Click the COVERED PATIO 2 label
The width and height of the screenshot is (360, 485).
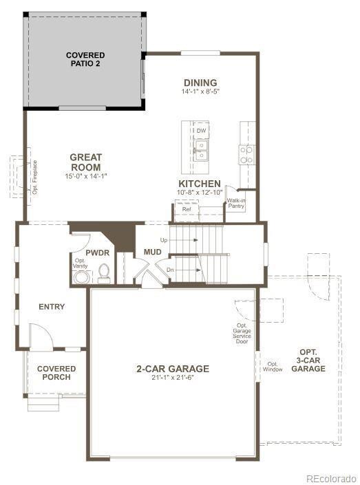(85, 59)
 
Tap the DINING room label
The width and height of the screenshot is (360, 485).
(200, 83)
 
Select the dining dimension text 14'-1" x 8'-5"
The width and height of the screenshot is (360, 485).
(200, 91)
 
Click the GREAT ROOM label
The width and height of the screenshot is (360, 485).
(86, 162)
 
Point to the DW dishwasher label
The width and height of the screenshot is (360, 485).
(201, 130)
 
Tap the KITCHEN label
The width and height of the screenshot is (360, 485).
(200, 184)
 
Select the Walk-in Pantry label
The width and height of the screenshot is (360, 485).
(236, 204)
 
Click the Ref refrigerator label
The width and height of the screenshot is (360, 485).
(187, 209)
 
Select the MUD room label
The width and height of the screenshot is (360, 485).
(152, 252)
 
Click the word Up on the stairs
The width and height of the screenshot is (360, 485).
(164, 240)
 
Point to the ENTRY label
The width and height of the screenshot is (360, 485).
(52, 307)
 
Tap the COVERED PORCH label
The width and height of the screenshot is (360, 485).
(56, 373)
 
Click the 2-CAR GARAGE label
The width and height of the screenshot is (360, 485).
(172, 369)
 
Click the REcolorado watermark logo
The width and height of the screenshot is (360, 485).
(330, 478)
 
